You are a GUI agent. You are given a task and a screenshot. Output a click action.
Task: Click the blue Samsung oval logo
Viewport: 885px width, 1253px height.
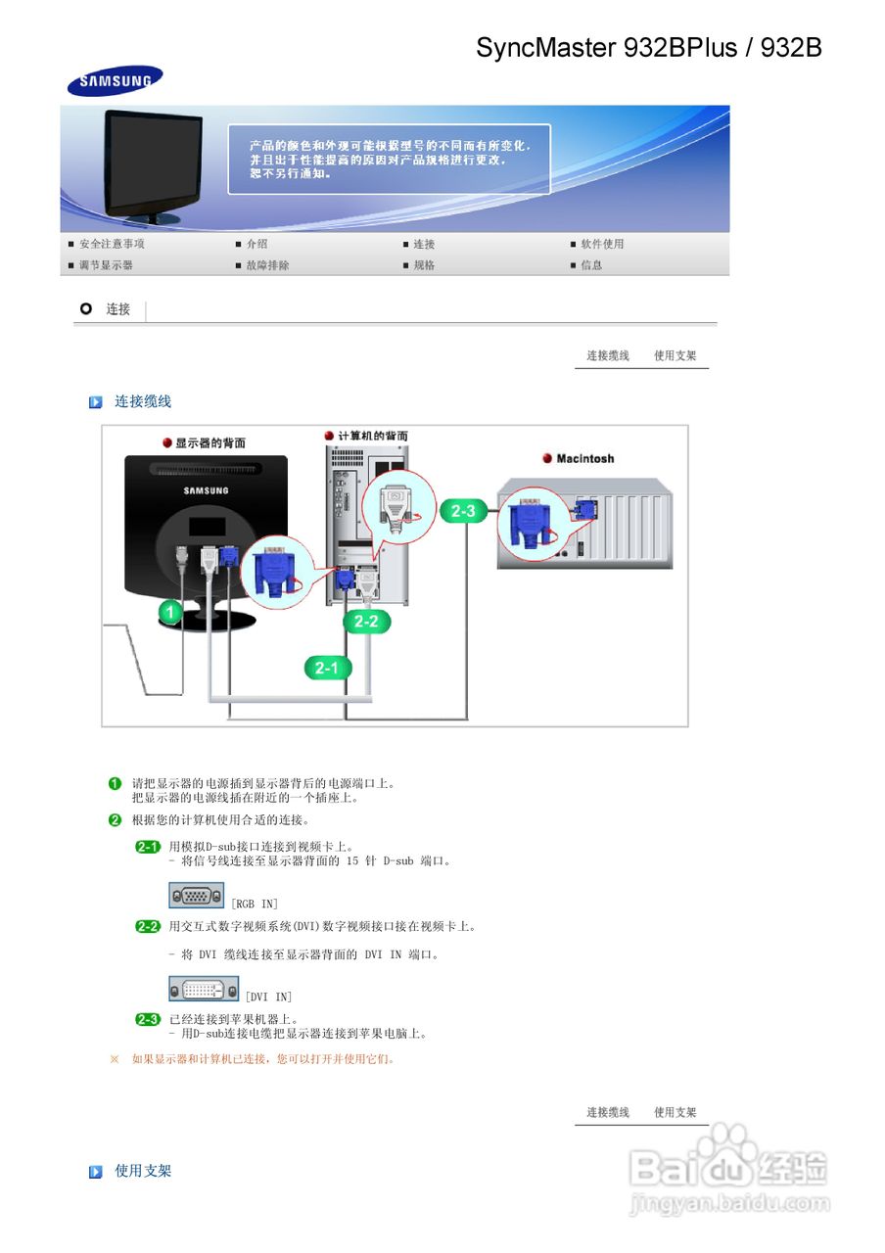115,81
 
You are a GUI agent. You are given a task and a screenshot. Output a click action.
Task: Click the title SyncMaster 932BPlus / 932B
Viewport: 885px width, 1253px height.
648,47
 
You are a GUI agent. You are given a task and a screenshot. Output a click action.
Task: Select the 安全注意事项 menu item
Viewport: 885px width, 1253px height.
112,244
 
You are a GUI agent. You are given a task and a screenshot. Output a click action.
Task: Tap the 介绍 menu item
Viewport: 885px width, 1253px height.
256,244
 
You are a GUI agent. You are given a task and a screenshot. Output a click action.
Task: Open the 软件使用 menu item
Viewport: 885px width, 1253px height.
601,244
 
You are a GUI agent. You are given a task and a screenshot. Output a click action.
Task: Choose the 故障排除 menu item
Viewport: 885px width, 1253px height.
267,265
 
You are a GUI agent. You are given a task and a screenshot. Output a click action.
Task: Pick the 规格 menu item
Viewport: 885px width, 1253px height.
424,265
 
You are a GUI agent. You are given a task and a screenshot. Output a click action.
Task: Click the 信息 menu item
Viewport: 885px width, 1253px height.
591,265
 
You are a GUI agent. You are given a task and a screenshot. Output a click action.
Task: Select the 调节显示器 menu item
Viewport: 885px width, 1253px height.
106,265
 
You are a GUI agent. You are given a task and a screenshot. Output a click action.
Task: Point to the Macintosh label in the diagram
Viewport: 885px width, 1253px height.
584,458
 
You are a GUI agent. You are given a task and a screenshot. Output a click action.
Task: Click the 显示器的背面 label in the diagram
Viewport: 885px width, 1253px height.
210,443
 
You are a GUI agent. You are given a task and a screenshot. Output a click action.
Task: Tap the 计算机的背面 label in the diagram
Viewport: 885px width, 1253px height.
372,436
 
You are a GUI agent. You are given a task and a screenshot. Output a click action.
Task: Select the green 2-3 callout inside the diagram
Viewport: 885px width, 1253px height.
463,511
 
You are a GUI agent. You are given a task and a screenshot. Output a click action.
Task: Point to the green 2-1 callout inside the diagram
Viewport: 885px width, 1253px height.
326,669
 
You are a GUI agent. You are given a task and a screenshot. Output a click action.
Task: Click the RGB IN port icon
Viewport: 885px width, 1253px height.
196,895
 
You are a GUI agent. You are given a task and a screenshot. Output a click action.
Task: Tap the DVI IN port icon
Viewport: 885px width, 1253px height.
204,988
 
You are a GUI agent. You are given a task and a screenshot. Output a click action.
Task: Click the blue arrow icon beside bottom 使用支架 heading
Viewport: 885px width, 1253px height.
96,1172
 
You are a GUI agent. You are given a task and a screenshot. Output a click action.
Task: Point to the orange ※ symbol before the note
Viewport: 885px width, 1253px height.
115,1058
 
